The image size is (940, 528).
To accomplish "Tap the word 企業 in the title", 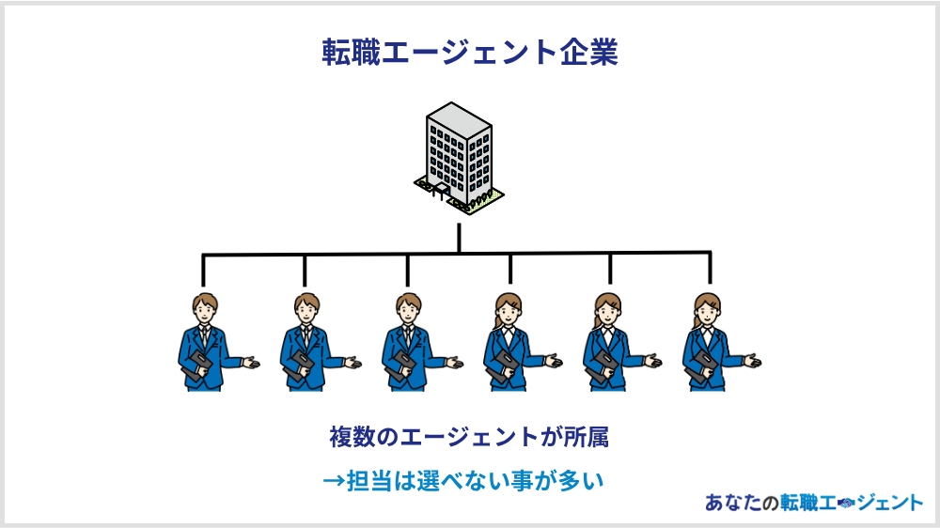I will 590,52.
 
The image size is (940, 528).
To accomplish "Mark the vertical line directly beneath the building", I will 459,237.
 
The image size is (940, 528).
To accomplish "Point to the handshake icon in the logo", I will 843,504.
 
